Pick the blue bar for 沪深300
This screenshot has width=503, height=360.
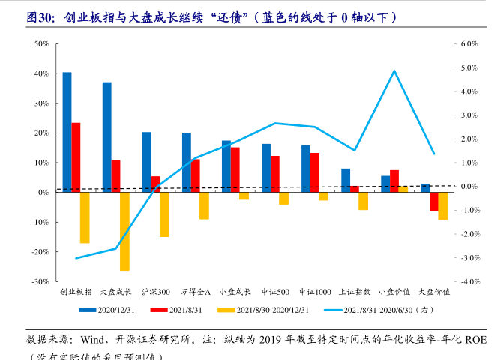pos(147,162)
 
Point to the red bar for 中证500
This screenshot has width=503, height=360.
pos(275,174)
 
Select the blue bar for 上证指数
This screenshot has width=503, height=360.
pos(346,181)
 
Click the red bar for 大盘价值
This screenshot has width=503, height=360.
pos(434,201)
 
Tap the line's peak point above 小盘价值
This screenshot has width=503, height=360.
pos(394,71)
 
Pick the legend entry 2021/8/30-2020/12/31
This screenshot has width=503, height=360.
pos(266,309)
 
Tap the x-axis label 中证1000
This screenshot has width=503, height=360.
pos(315,291)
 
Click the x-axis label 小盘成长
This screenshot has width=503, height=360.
pos(235,291)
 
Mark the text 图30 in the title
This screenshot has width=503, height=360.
pos(39,16)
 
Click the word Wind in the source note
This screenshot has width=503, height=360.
pos(94,338)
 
